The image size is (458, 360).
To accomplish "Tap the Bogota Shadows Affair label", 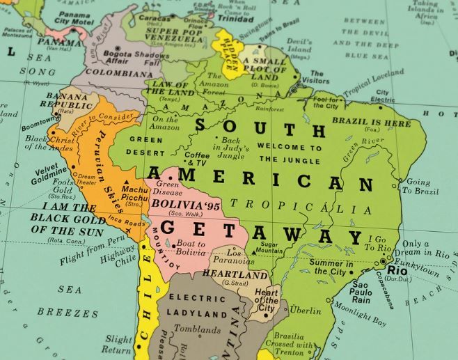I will tap(126, 56).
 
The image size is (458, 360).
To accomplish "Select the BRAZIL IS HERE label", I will tap(381, 123).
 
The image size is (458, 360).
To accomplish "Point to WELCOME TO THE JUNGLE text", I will tap(290, 153).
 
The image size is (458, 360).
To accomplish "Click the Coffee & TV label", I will tap(197, 159).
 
